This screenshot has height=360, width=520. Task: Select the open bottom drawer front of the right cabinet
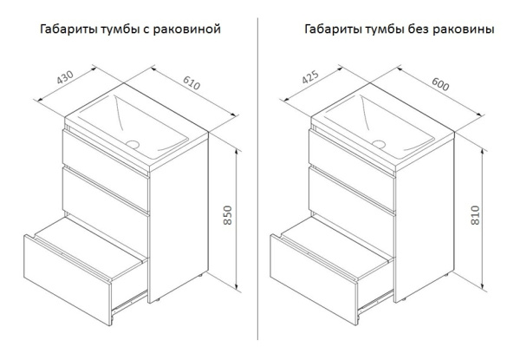[x=311, y=262]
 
